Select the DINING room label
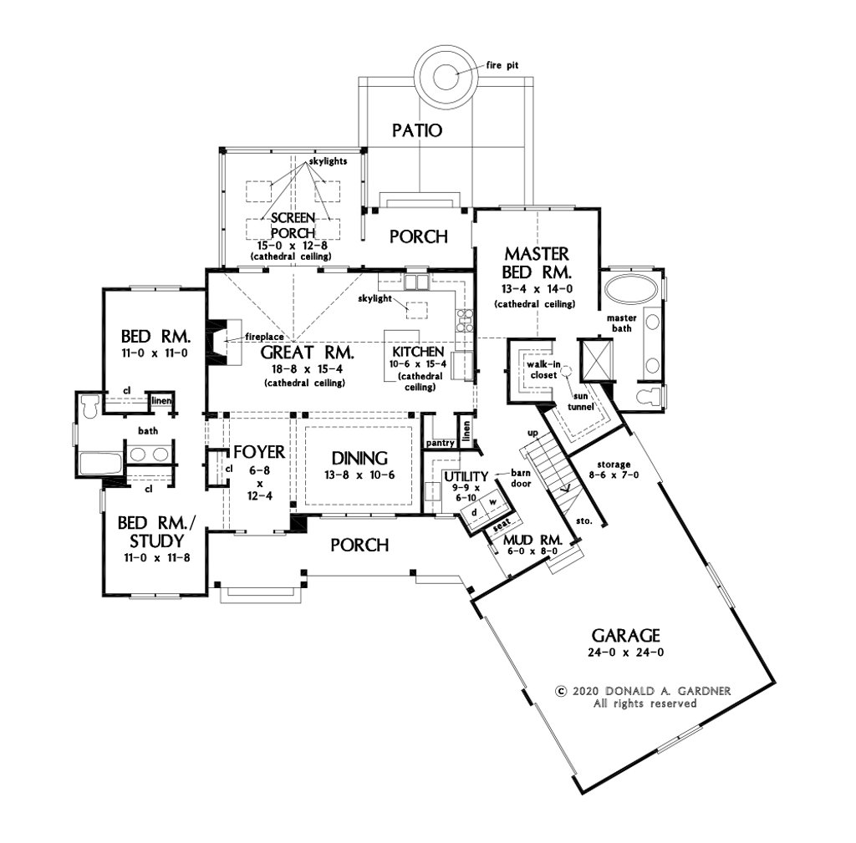click(x=359, y=458)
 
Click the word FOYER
click(x=259, y=453)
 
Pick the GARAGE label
click(x=627, y=634)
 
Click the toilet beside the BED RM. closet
click(x=88, y=406)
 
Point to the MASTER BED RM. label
click(x=536, y=262)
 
